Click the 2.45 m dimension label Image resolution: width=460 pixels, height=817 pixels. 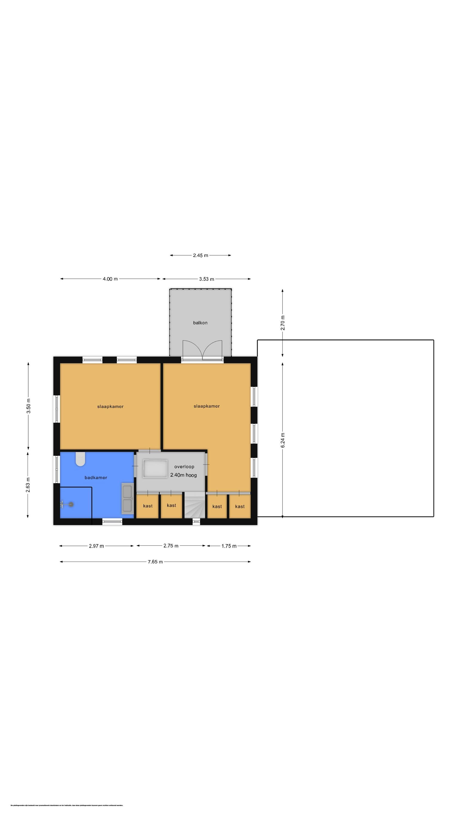(200, 255)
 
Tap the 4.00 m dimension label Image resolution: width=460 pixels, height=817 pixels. (110, 279)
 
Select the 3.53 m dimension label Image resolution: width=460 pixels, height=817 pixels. (206, 279)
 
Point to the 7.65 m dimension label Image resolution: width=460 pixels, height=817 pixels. (155, 562)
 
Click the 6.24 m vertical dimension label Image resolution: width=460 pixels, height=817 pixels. (283, 440)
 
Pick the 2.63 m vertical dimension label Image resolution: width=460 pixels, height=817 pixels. (28, 485)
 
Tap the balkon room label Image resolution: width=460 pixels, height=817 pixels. (200, 323)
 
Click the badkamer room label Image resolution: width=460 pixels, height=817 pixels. (96, 478)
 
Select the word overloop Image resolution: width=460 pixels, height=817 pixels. (184, 467)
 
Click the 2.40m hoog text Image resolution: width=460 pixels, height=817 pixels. (183, 475)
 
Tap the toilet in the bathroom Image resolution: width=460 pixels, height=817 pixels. (80, 459)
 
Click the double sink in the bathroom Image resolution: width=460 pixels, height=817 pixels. (127, 499)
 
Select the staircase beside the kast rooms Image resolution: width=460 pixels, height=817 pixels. (194, 505)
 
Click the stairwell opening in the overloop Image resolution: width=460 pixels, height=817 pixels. (155, 469)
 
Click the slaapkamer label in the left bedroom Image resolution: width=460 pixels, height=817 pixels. (110, 407)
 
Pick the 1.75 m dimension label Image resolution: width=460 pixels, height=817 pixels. (229, 546)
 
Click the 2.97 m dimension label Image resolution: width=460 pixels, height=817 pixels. (96, 546)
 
